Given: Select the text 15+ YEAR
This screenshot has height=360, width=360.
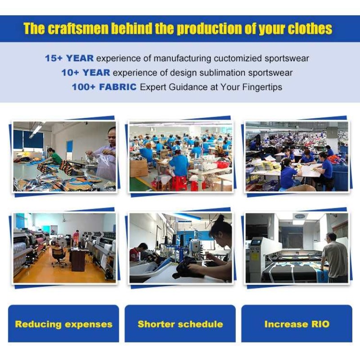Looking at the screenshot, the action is [x=69, y=58].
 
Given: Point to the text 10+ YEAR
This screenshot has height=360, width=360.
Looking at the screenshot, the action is [x=85, y=72].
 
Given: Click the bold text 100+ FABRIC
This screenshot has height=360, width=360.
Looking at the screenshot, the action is [x=104, y=87].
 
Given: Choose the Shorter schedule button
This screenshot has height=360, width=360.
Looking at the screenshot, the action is [x=180, y=324].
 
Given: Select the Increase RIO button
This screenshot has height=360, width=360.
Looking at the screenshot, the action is [x=297, y=324].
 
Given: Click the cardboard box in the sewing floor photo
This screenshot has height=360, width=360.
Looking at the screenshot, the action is [x=139, y=168].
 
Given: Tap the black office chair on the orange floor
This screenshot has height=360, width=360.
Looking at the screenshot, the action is [x=59, y=256].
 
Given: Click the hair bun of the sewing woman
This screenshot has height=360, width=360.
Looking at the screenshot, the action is [x=220, y=218].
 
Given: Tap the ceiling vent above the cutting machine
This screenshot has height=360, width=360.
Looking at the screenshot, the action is [x=300, y=216].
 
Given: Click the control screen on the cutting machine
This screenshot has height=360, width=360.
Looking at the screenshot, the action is [x=256, y=243].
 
